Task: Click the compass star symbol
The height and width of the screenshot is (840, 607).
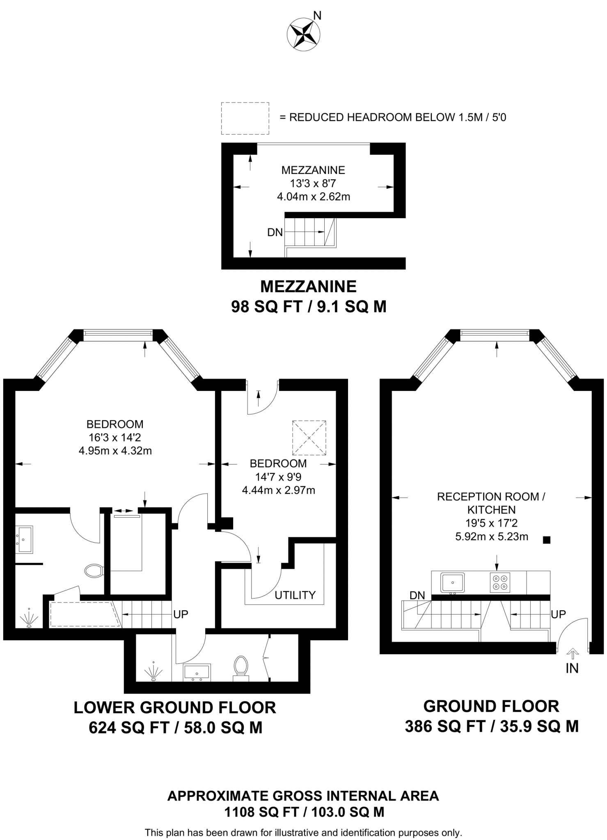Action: pos(303,36)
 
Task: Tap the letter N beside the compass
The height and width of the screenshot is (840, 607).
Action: pos(317,16)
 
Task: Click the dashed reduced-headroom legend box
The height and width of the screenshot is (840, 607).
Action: pos(245,118)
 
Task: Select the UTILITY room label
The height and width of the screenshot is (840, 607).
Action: pos(295,595)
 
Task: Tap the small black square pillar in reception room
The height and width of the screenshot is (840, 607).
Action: pos(546,540)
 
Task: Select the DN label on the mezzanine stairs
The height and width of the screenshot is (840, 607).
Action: pos(275,233)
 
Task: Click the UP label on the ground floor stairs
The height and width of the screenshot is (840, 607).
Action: pos(558,614)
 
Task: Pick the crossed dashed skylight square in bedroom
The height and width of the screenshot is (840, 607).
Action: pos(309,438)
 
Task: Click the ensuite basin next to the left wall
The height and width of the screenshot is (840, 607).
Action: pos(24,540)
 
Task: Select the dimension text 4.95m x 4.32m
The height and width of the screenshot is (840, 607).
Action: pos(115,451)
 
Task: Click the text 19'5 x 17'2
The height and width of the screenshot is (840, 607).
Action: pos(491,523)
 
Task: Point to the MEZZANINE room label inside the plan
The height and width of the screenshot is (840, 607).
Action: pos(313,170)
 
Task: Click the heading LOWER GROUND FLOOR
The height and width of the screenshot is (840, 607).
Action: pos(175,708)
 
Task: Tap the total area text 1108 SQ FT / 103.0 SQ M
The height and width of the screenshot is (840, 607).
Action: pos(304,812)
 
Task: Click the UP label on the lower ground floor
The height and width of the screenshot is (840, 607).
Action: pos(181,614)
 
